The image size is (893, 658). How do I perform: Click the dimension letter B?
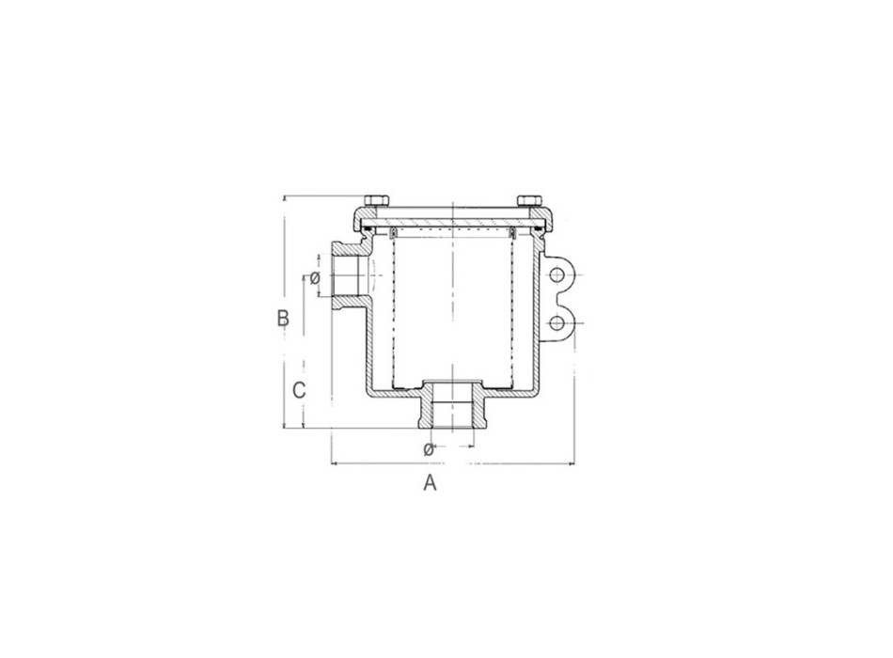pyautogui.click(x=282, y=318)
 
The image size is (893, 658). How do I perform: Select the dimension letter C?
pyautogui.click(x=298, y=390)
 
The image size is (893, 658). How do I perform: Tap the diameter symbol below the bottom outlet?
pyautogui.click(x=429, y=448)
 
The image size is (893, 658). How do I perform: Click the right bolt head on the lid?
pyautogui.click(x=528, y=200)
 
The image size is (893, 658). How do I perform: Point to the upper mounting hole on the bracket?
pyautogui.click(x=557, y=274)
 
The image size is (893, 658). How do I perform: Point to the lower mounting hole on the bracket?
pyautogui.click(x=557, y=323)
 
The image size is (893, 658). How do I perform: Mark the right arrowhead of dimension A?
pyautogui.click(x=571, y=462)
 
